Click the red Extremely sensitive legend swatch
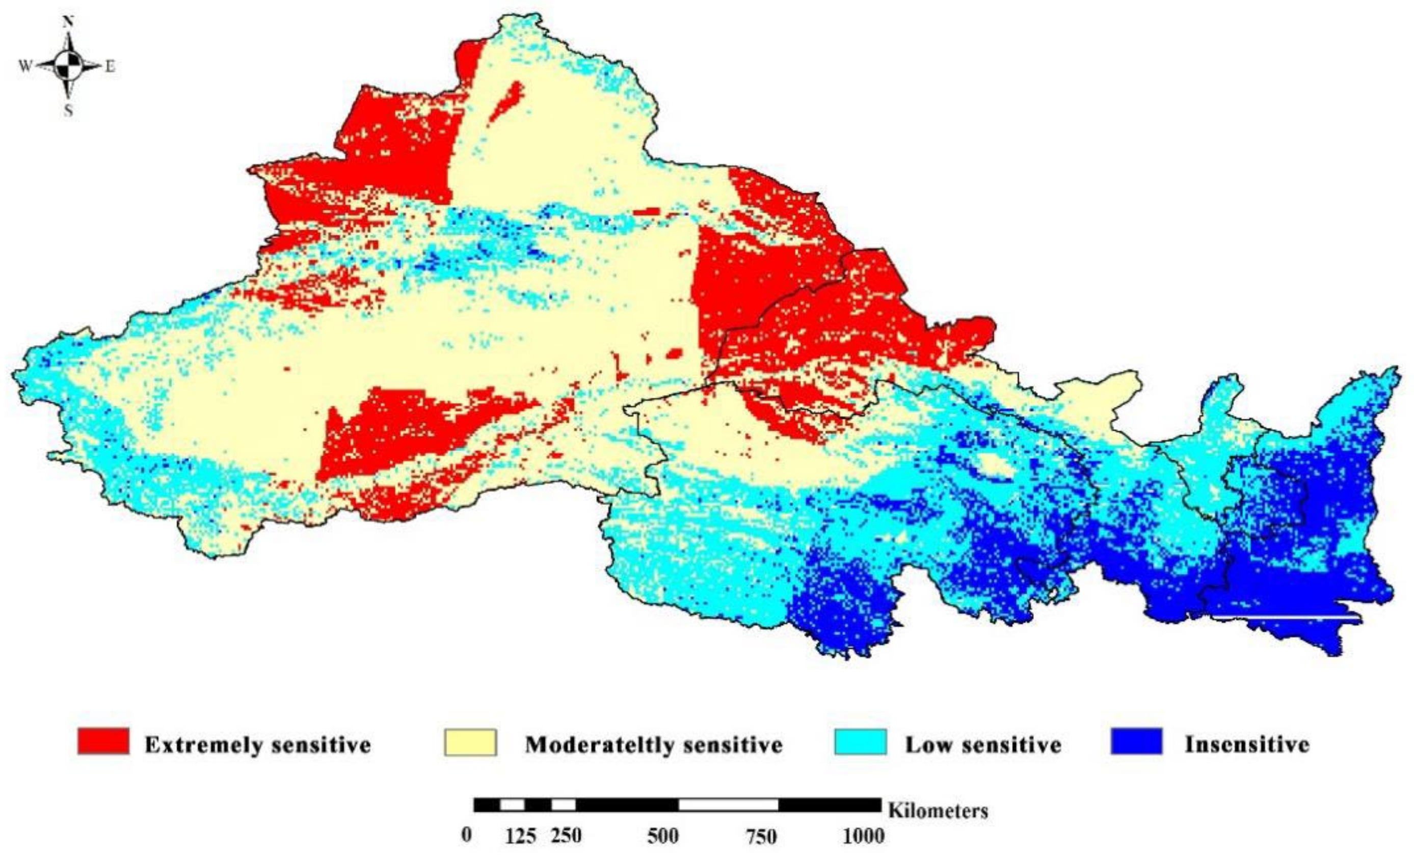103,742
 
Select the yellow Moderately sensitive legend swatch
470,742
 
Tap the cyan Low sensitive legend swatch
860,742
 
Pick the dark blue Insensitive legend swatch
1136,742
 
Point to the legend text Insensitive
1247,744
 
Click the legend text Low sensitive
983,744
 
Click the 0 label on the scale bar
467,835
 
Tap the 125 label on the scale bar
520,836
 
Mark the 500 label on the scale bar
663,836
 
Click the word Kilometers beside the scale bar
938,811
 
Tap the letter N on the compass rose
68,22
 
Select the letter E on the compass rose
110,67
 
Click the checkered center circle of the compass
68,66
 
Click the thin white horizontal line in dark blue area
1286,617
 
